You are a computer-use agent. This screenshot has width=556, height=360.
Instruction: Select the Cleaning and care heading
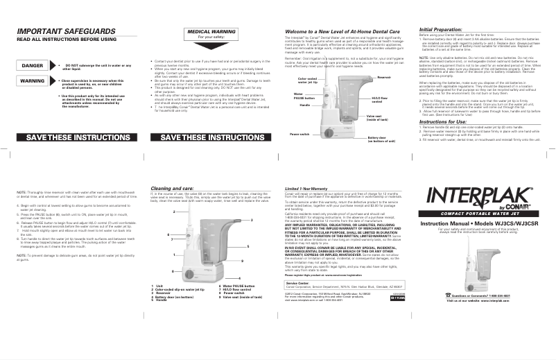pyautogui.click(x=180, y=187)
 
